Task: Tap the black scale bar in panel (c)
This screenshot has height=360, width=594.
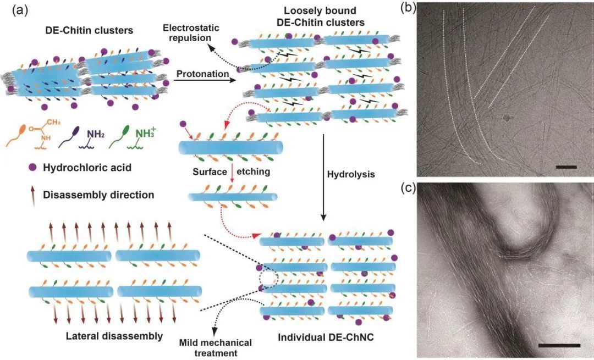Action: point(559,346)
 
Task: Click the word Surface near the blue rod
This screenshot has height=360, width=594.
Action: point(210,171)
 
